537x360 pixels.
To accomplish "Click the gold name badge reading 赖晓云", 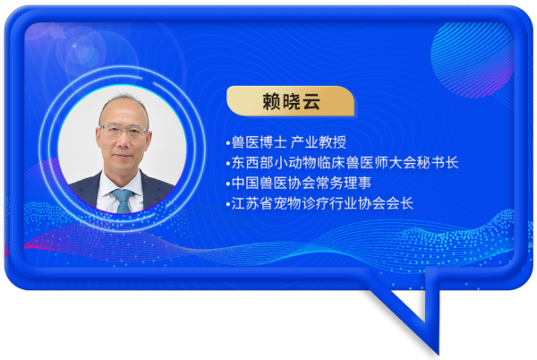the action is [x=290, y=101].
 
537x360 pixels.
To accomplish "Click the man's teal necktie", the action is [x=123, y=201].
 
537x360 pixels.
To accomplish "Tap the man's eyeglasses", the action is [x=124, y=130].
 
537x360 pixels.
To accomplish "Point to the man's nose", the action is [x=123, y=141].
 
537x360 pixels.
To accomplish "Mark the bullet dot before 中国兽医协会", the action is [x=228, y=184].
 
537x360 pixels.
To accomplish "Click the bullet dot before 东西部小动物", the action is [x=228, y=164].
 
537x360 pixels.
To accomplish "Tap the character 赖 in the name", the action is [x=271, y=102].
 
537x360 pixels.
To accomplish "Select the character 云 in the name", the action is [x=311, y=102].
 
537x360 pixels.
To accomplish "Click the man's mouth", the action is [x=123, y=156].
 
